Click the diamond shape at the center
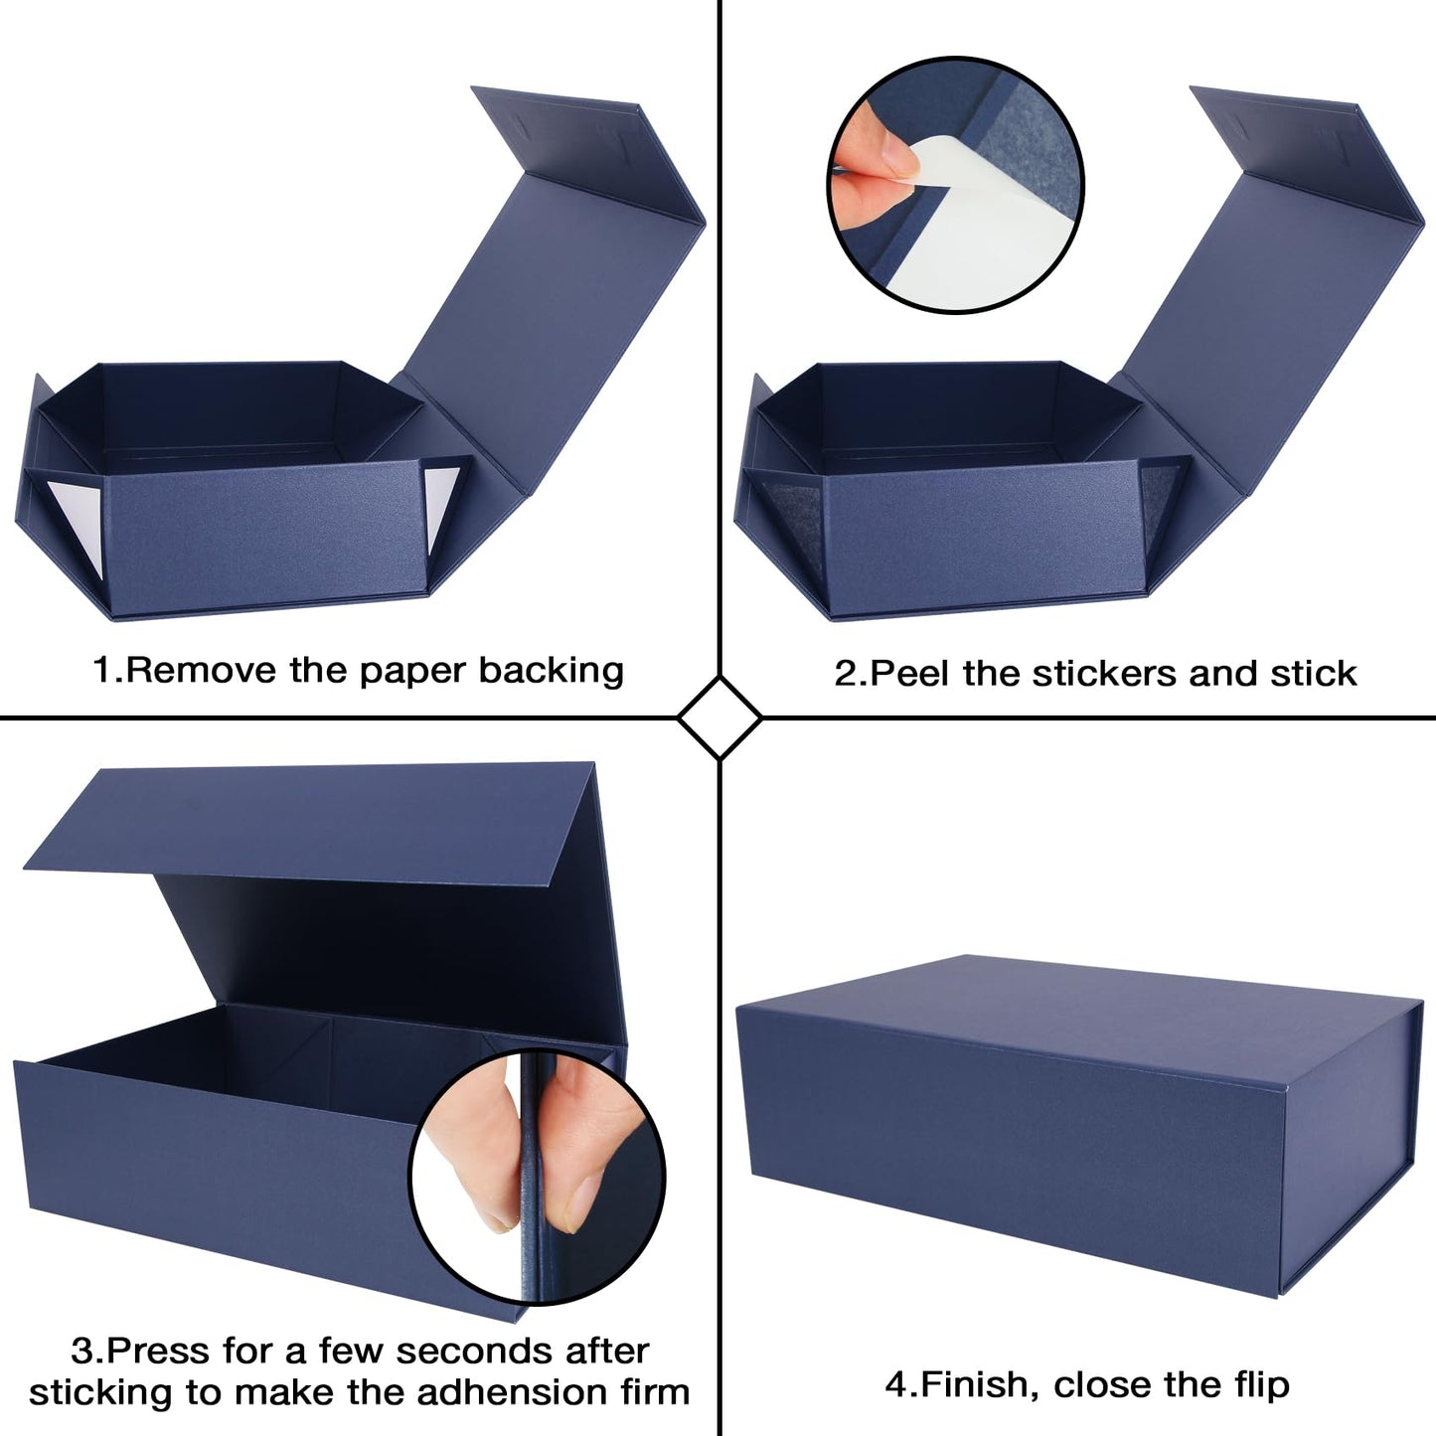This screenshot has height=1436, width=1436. point(719,718)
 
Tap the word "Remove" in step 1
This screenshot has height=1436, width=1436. point(202,671)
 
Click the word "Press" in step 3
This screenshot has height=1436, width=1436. point(158,1352)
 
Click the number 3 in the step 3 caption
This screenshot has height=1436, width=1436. point(80,1352)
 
